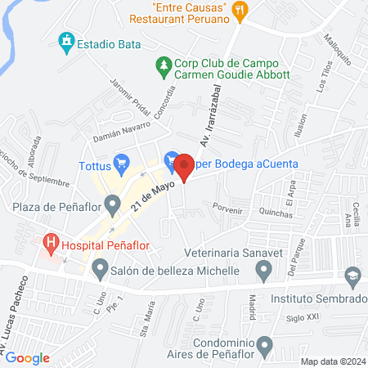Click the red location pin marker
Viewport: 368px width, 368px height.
[x=185, y=168]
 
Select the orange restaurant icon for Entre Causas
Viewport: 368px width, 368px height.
[x=240, y=11]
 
